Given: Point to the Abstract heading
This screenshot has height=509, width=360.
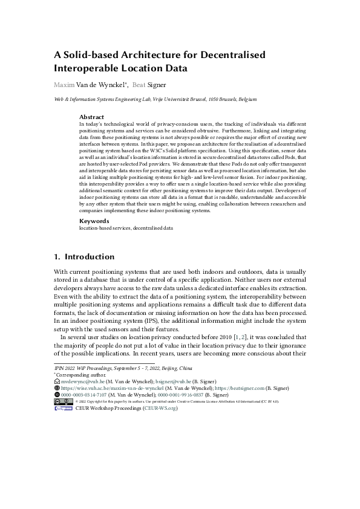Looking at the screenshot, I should pyautogui.click(x=91, y=117).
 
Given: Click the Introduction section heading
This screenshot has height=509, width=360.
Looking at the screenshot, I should pyautogui.click(x=88, y=256).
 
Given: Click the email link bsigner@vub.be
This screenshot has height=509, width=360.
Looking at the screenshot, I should pyautogui.click(x=173, y=382).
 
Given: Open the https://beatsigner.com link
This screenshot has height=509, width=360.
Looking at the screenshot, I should pyautogui.click(x=241, y=389).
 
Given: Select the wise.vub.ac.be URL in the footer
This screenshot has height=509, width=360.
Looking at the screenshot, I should pyautogui.click(x=105, y=389).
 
